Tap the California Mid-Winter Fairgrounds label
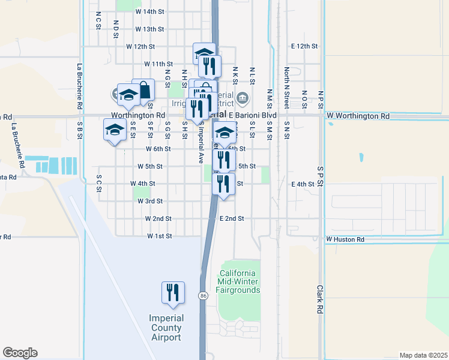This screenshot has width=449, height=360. coord(239,281)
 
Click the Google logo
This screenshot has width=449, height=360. coord(20,353)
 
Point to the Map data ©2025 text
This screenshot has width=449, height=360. coord(423,355)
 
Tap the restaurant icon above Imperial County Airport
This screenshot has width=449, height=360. coord(173,293)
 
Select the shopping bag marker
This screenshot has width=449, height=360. coord(144,91)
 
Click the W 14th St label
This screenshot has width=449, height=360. coord(149,11)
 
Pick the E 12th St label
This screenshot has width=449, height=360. coord(304,46)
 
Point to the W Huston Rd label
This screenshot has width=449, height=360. coord(345,239)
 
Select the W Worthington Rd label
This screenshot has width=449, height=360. coord(358,115)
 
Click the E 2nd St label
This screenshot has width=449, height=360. coord(232,219)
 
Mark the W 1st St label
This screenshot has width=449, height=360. coord(160,236)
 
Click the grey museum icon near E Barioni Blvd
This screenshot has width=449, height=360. coord(243,98)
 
